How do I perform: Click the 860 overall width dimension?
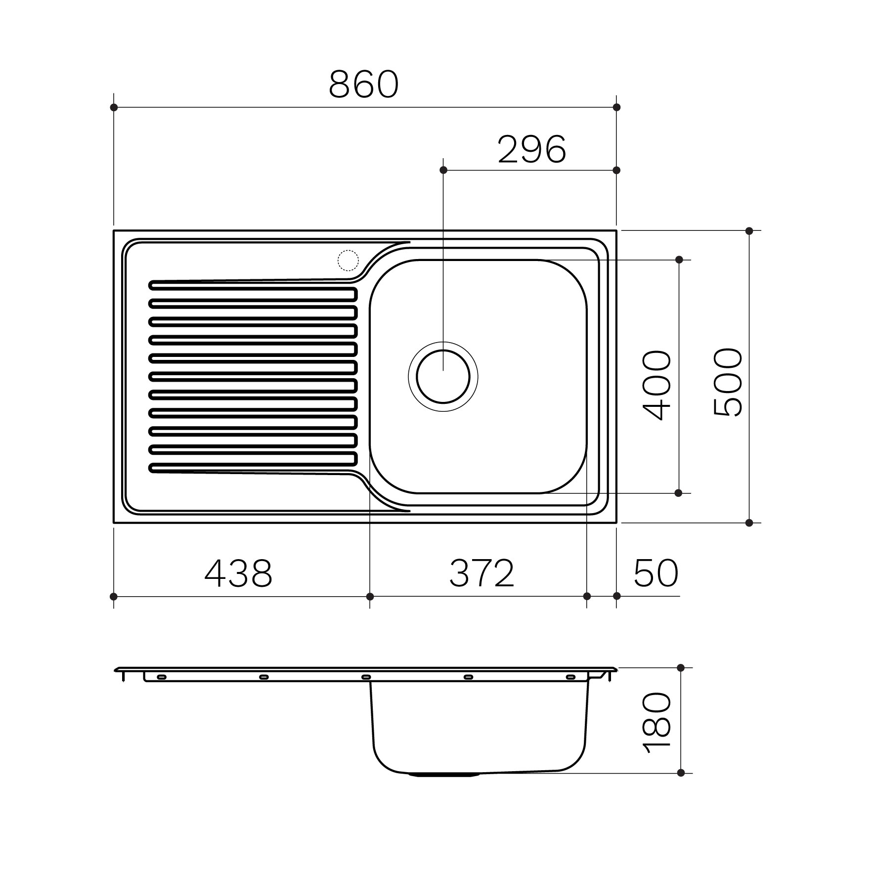[x=363, y=84]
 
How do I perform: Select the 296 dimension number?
[x=532, y=149]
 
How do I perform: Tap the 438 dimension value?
[x=238, y=573]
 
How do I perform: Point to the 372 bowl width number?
[x=482, y=573]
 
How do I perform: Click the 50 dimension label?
[x=656, y=573]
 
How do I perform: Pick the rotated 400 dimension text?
[x=657, y=385]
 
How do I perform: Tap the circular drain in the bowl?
[x=443, y=377]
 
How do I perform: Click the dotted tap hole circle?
[x=348, y=261]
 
